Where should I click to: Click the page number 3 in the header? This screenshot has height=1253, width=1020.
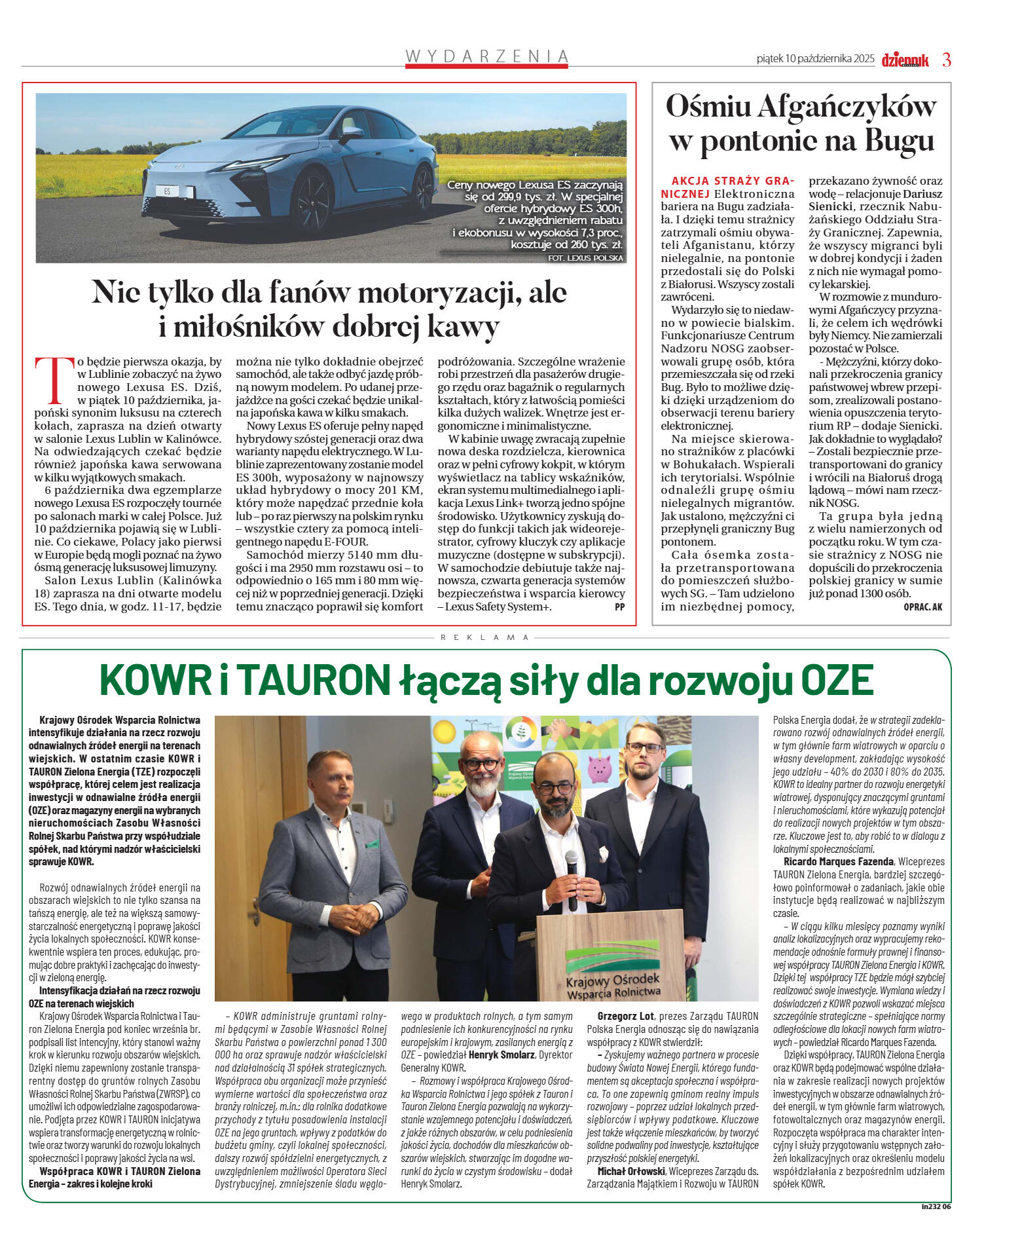click(x=946, y=60)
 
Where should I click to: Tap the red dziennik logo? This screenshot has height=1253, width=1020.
click(x=905, y=60)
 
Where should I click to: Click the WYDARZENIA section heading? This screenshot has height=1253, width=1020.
click(x=486, y=56)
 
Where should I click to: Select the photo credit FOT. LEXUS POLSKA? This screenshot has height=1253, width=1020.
click(x=585, y=258)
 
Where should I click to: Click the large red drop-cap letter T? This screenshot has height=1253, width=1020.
click(x=54, y=379)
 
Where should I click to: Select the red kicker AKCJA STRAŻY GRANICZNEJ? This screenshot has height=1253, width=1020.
click(x=727, y=187)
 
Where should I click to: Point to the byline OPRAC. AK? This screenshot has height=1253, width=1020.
click(x=922, y=607)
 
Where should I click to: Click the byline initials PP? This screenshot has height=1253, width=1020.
click(x=619, y=607)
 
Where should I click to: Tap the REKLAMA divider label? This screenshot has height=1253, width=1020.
click(x=484, y=637)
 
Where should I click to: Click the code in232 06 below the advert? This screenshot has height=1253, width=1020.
click(x=935, y=1207)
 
